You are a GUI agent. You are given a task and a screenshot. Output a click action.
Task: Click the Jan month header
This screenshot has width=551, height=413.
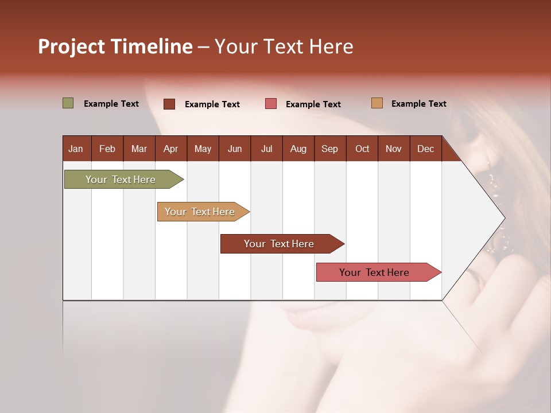76,149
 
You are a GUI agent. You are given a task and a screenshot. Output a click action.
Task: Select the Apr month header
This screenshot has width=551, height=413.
170,149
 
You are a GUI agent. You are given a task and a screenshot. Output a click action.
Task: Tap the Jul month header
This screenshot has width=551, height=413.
266,149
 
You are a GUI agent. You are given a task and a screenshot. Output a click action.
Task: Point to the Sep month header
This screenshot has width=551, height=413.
329,149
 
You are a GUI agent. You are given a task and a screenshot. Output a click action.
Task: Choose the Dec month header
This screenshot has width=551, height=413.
425,149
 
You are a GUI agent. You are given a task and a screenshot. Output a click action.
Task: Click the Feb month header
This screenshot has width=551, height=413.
107,149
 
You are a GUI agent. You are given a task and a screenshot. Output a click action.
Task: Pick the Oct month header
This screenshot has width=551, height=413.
362,149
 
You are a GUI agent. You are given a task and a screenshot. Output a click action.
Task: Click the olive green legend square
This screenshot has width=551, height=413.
68,103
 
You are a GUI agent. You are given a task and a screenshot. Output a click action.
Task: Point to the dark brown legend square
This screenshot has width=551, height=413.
169,104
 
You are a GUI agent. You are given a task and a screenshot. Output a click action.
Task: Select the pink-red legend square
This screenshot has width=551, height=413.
271,104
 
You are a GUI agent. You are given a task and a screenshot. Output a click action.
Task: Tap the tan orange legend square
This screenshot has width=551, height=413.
377,103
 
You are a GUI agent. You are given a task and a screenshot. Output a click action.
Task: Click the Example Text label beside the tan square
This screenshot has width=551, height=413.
418,104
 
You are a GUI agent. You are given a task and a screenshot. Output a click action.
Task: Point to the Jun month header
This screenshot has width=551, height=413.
235,149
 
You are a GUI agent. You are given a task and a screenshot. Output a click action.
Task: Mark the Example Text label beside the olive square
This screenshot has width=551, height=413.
111,104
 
